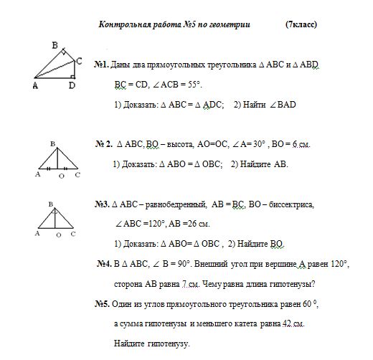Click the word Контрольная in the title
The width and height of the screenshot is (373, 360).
[x=123, y=24]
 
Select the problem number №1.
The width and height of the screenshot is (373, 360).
[x=101, y=65]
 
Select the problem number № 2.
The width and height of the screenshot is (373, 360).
[x=104, y=144]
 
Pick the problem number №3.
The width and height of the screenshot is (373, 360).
[x=102, y=204]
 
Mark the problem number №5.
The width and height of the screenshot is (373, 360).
[x=101, y=304]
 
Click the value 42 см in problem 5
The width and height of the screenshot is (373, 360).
[x=293, y=324]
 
